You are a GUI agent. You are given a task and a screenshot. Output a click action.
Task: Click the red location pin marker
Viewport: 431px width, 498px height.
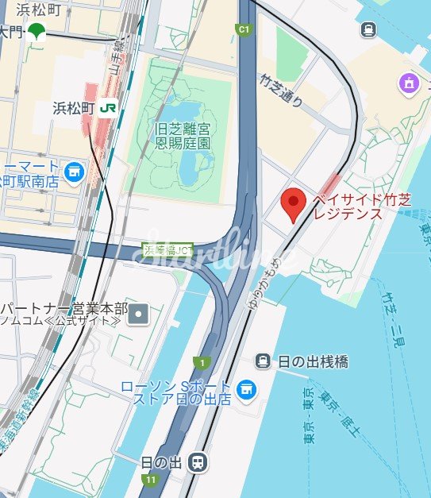(x=294, y=203)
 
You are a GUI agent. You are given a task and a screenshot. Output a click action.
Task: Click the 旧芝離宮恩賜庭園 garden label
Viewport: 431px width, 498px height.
(x=183, y=135)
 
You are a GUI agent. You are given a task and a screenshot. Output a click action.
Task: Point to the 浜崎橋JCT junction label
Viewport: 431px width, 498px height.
(x=168, y=249)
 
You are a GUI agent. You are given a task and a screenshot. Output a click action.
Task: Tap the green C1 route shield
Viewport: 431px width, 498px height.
(x=244, y=29)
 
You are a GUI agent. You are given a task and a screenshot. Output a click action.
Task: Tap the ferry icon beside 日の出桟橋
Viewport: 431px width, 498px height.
(x=263, y=361)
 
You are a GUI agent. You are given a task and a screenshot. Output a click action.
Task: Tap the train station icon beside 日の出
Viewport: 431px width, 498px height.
(x=198, y=461)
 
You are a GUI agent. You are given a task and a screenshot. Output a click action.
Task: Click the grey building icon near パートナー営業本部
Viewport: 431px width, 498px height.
(x=140, y=314)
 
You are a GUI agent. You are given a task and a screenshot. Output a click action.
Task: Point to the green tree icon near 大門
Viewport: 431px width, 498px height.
(x=36, y=32)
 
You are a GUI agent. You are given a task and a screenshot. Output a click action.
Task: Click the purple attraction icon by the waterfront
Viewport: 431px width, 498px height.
(x=410, y=82)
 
